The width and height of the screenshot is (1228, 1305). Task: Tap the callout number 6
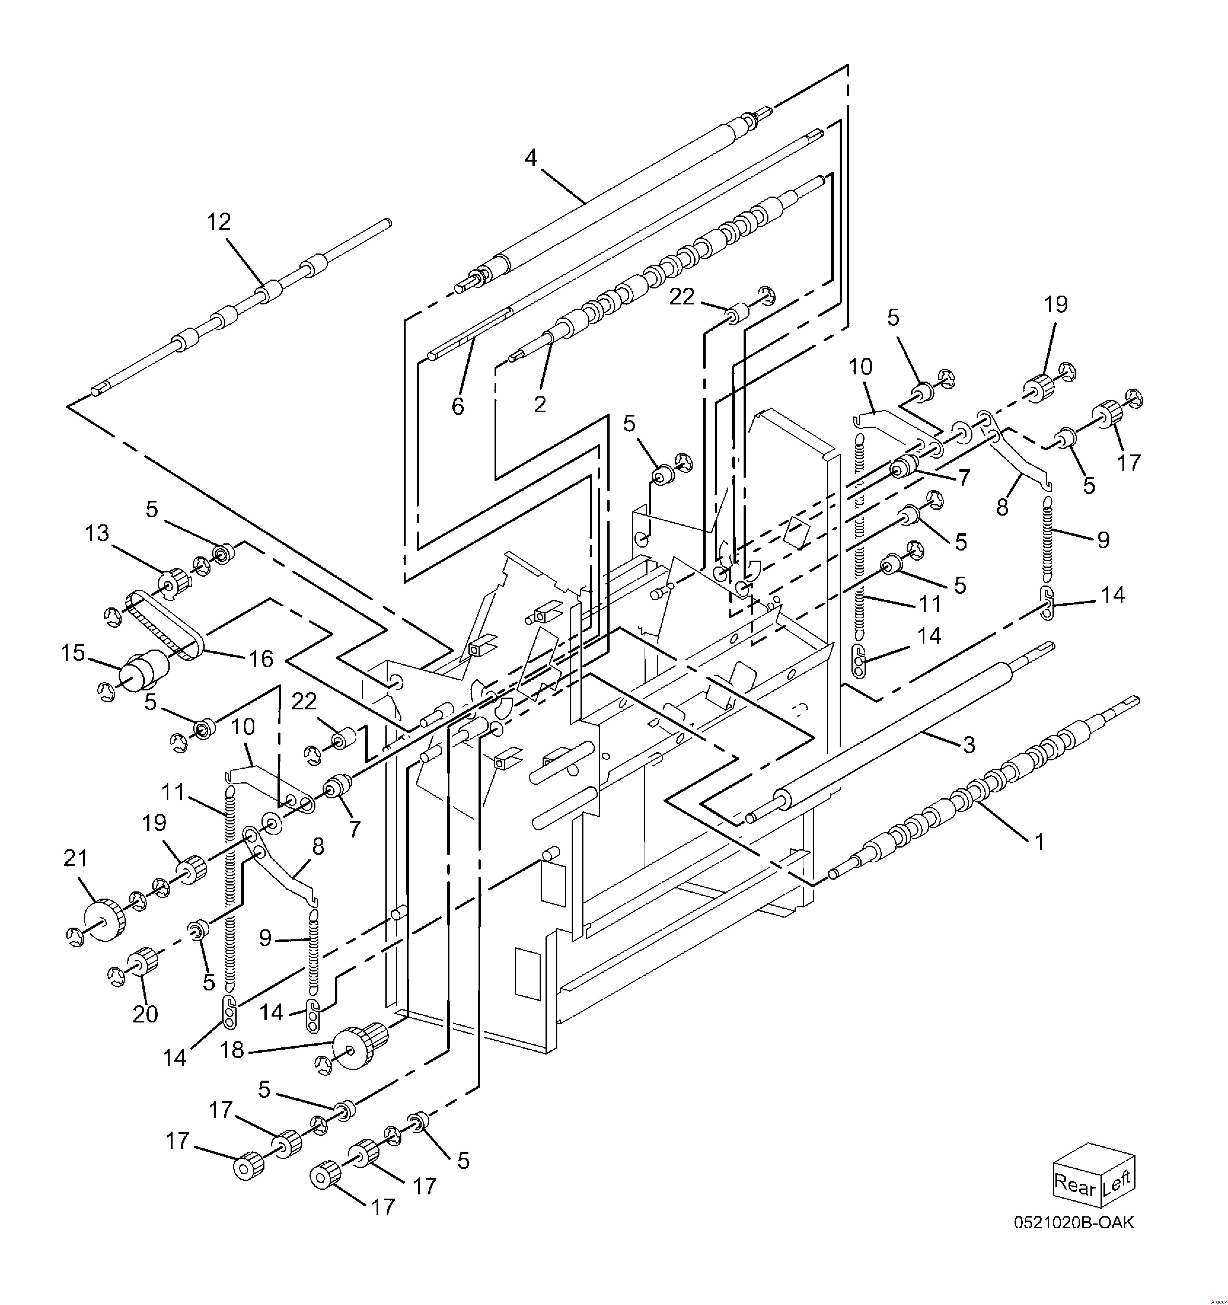[457, 407]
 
